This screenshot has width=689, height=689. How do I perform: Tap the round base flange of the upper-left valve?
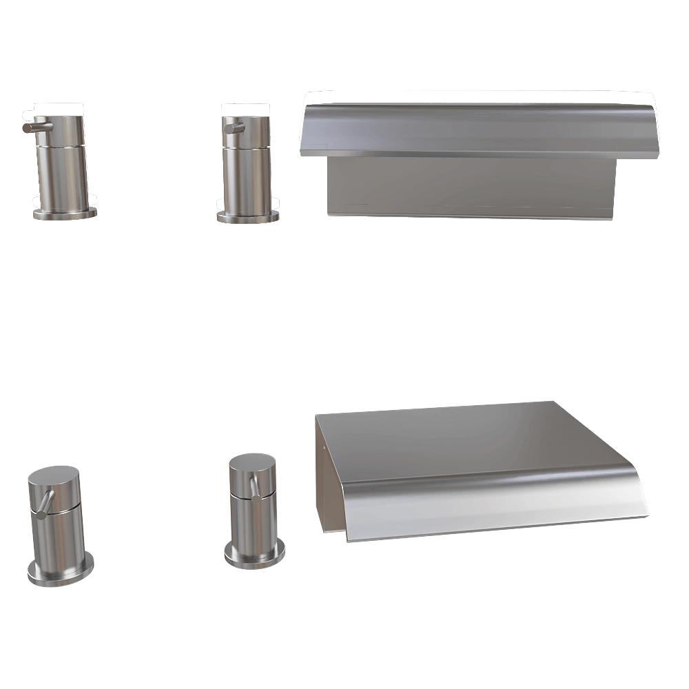(x=63, y=213)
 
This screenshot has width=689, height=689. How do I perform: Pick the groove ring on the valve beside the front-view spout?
(x=249, y=145)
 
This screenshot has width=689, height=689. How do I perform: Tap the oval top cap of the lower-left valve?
(x=54, y=477)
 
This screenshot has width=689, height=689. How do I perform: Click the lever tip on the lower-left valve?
(x=41, y=513)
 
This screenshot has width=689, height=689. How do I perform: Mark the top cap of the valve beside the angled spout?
(x=252, y=464)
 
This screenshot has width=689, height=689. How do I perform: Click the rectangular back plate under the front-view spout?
(x=469, y=186)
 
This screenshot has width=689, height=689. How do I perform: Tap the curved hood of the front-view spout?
(x=475, y=127)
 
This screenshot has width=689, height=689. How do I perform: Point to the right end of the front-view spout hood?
(x=653, y=131)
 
